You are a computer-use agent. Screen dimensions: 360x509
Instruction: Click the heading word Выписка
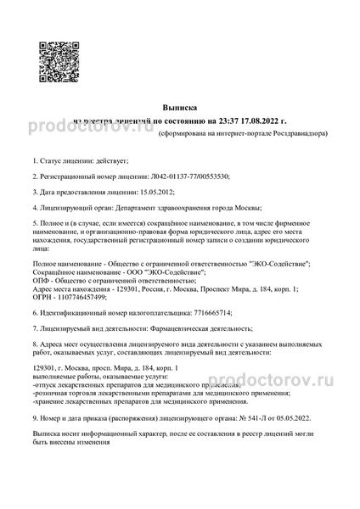179,109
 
